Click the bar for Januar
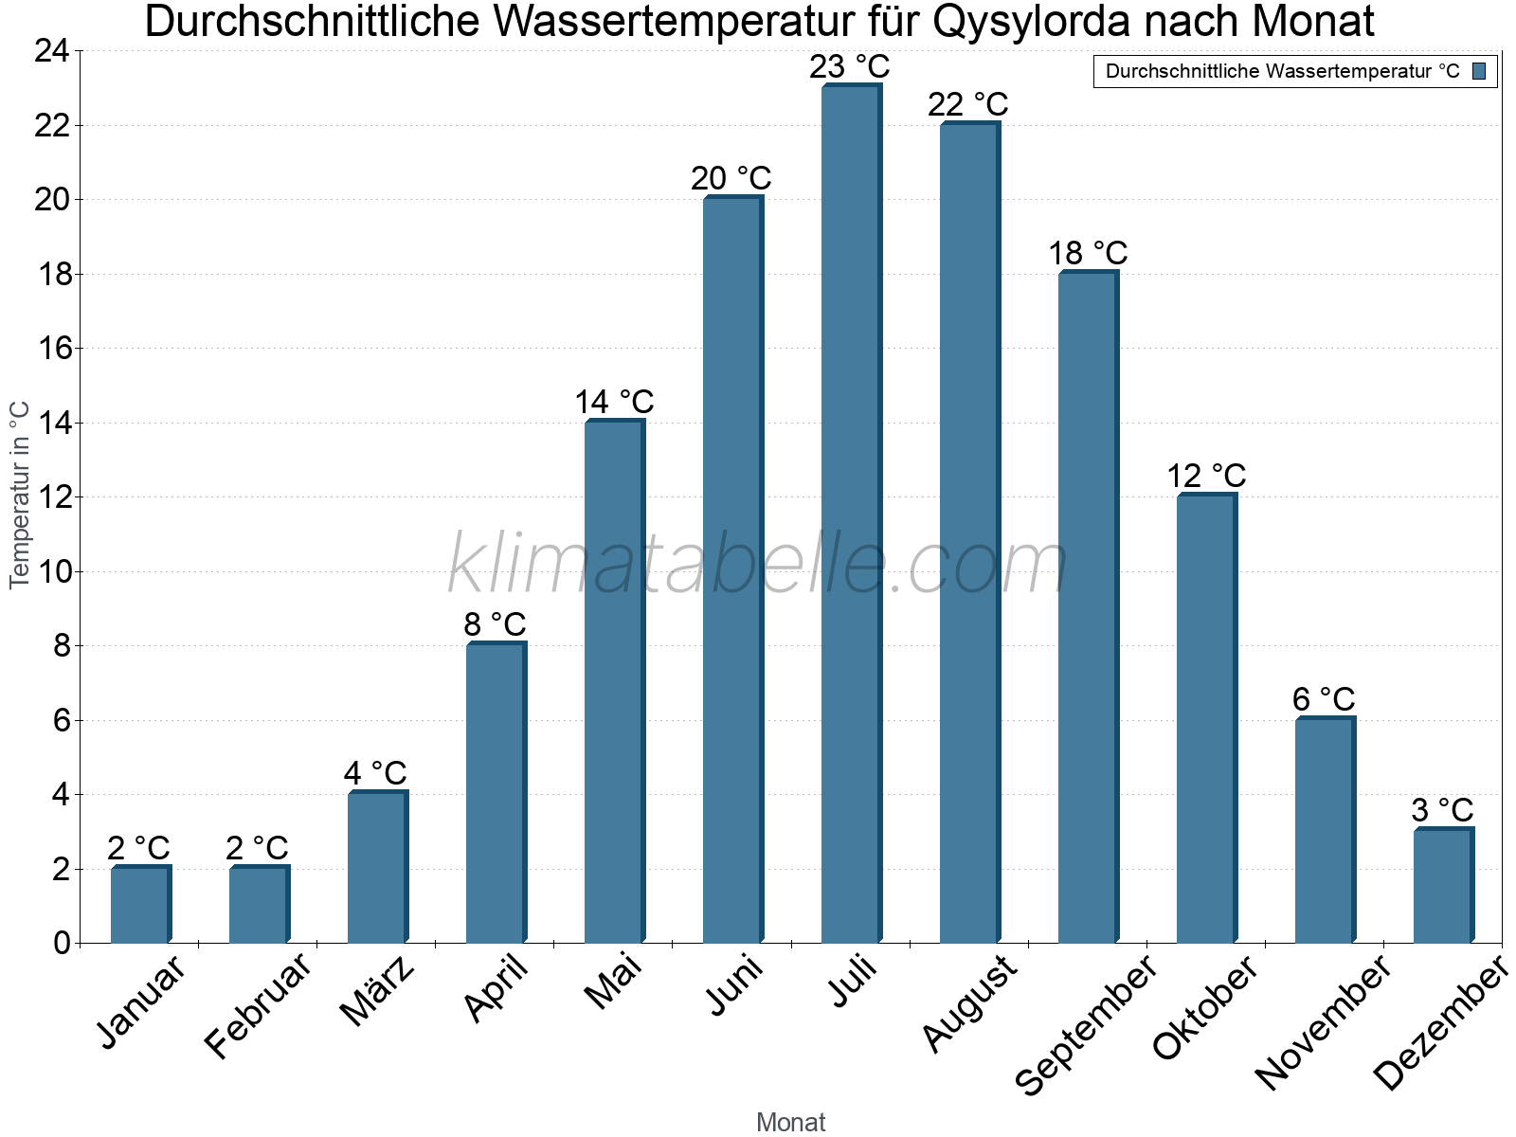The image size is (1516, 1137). (x=140, y=905)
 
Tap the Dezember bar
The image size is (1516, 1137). (x=1443, y=886)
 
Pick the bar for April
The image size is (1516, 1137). (x=496, y=794)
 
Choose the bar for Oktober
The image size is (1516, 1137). (x=1206, y=719)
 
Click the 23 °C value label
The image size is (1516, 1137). (x=850, y=67)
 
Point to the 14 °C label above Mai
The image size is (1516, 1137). (x=614, y=402)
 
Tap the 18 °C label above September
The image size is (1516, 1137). (x=1088, y=253)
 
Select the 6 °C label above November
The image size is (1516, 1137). (x=1324, y=699)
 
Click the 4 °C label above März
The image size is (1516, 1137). (x=375, y=773)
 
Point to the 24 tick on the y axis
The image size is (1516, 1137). (x=51, y=51)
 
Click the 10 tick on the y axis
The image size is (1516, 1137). (x=51, y=571)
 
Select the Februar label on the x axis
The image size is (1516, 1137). (x=258, y=1006)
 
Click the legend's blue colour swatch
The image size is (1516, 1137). (x=1479, y=71)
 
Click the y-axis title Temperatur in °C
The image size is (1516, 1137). (x=20, y=495)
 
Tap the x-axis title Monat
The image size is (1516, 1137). (x=790, y=1122)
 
